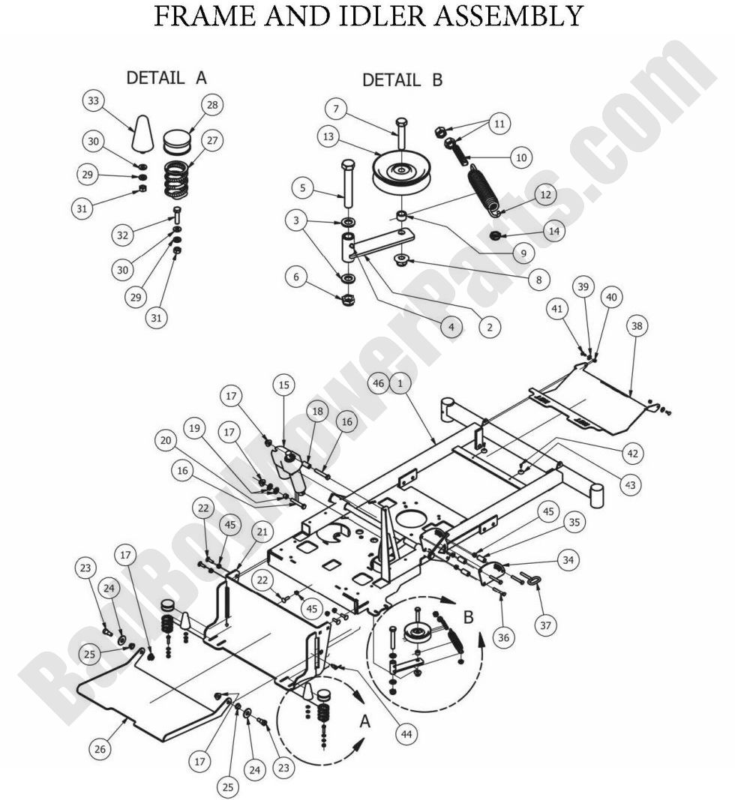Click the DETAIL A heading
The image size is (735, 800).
tap(166, 78)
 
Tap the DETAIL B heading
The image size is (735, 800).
tap(403, 79)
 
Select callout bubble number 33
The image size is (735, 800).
tap(94, 101)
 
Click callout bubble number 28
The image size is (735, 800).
tap(212, 106)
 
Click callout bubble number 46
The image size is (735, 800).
tap(379, 383)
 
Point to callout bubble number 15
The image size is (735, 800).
tap(283, 385)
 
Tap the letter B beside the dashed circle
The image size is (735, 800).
tap(469, 617)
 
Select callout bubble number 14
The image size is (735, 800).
tap(554, 232)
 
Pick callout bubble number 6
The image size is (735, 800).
tap(297, 277)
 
